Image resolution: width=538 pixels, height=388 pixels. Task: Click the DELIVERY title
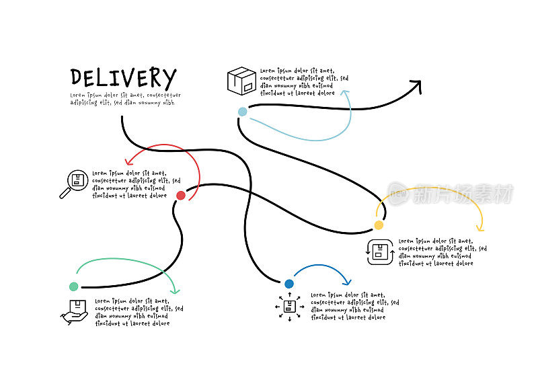tap(123, 77)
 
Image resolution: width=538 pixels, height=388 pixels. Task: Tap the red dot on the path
tap(180, 196)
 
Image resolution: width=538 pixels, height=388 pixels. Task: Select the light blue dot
tap(242, 112)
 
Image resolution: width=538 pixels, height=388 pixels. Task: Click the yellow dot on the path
tap(379, 225)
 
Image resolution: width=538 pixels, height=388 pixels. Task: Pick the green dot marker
tap(73, 286)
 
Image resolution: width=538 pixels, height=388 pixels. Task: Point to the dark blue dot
tap(289, 284)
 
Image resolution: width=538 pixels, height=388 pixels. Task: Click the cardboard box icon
tap(241, 81)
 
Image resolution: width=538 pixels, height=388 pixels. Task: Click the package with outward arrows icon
tap(290, 307)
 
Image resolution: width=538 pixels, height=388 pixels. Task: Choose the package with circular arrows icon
tap(380, 252)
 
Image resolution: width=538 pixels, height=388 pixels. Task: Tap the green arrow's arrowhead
tap(176, 290)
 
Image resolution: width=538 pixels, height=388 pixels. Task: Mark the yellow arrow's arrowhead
tap(480, 227)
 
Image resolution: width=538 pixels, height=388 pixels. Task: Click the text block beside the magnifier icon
tap(136, 184)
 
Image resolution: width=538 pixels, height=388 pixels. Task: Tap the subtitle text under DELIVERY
tap(125, 99)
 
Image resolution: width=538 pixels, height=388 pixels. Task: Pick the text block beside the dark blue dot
tap(354, 306)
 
